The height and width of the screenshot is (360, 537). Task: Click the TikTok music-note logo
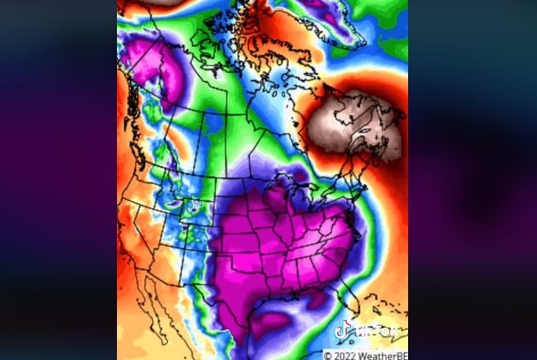(x=344, y=329)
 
